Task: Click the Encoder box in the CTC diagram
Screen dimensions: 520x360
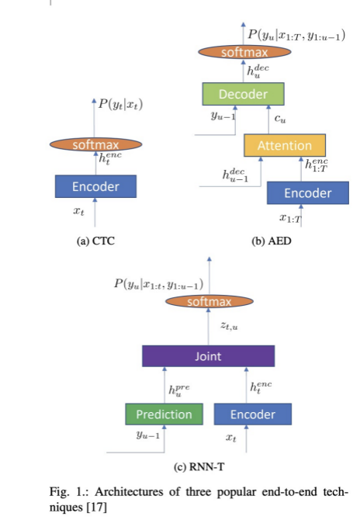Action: click(95, 187)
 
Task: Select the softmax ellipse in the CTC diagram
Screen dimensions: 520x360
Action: click(95, 145)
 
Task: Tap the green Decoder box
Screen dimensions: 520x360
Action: click(243, 95)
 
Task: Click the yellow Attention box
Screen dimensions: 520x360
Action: click(284, 145)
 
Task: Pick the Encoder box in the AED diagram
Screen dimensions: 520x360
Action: click(307, 192)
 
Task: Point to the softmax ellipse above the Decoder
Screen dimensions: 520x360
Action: click(243, 53)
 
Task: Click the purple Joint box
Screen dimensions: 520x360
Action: click(208, 356)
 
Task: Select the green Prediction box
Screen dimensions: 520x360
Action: click(164, 414)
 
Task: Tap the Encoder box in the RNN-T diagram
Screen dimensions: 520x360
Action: click(253, 414)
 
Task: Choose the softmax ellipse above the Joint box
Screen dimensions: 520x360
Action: click(209, 301)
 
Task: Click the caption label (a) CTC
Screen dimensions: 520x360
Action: click(95, 241)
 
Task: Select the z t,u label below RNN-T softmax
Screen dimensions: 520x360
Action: click(230, 328)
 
